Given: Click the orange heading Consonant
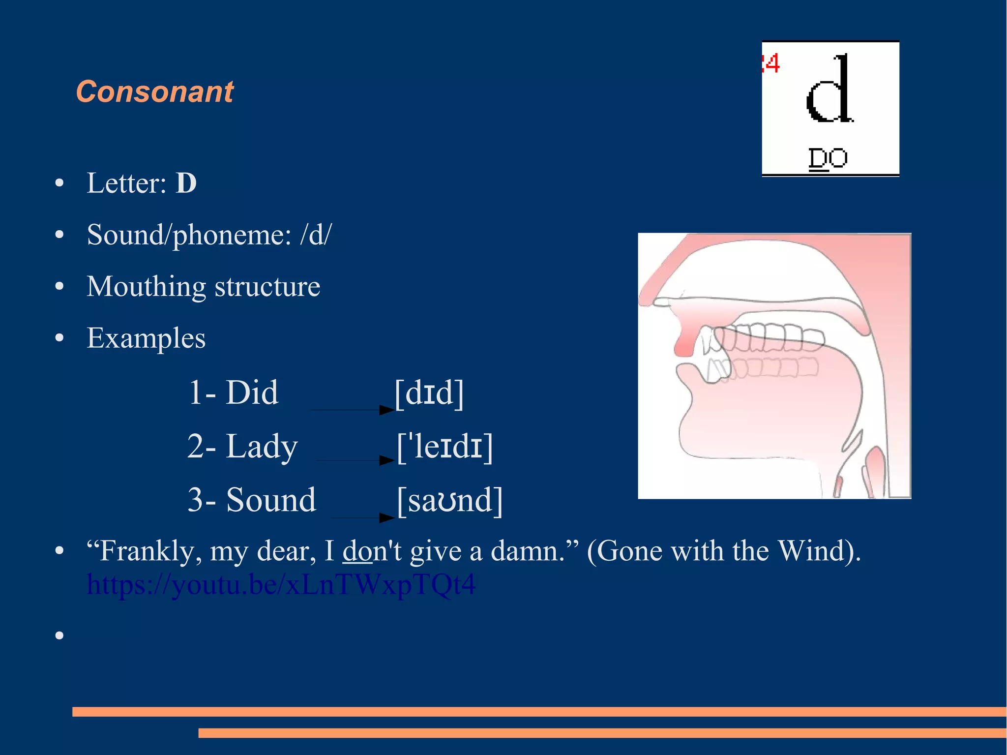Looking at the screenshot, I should click(x=155, y=92).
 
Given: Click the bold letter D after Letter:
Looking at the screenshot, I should click(x=186, y=183).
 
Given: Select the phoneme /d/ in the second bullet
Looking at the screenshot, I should click(x=316, y=235).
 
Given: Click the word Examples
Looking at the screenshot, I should click(x=146, y=338).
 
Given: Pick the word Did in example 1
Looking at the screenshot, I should click(x=252, y=393).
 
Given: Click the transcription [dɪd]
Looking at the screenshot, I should click(x=429, y=393).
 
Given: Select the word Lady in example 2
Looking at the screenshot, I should click(x=262, y=446).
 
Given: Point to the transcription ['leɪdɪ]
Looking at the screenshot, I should click(x=445, y=446).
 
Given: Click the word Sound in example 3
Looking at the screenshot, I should click(x=271, y=500).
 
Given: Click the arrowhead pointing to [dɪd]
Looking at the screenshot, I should click(x=387, y=410).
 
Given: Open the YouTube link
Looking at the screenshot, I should click(x=281, y=584).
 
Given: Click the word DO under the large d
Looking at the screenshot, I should click(x=828, y=158).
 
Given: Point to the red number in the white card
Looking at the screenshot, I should click(x=771, y=63).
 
